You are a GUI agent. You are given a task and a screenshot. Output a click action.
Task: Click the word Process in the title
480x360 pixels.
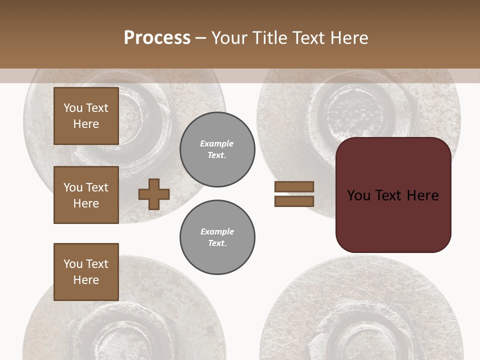pos(157,38)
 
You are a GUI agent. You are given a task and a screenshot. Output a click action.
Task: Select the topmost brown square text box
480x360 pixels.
pos(86,116)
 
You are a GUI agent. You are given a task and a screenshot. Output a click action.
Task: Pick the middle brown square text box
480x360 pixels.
pos(86,195)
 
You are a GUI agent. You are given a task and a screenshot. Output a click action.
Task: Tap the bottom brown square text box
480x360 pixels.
pos(86,272)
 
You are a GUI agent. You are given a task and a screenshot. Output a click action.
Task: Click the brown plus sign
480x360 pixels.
pos(154,194)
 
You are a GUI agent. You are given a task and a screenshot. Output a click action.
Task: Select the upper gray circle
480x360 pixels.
pos(217,149)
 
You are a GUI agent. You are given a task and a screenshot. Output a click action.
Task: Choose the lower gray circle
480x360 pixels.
pos(217,237)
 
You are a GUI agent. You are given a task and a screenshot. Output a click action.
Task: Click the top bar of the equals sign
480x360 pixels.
pos(294,186)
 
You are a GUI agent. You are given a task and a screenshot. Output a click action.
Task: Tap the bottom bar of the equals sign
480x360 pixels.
pos(294,201)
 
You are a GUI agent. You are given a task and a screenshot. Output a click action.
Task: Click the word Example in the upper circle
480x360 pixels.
pos(216,143)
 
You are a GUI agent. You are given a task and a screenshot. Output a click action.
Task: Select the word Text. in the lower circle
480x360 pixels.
pos(217,243)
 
